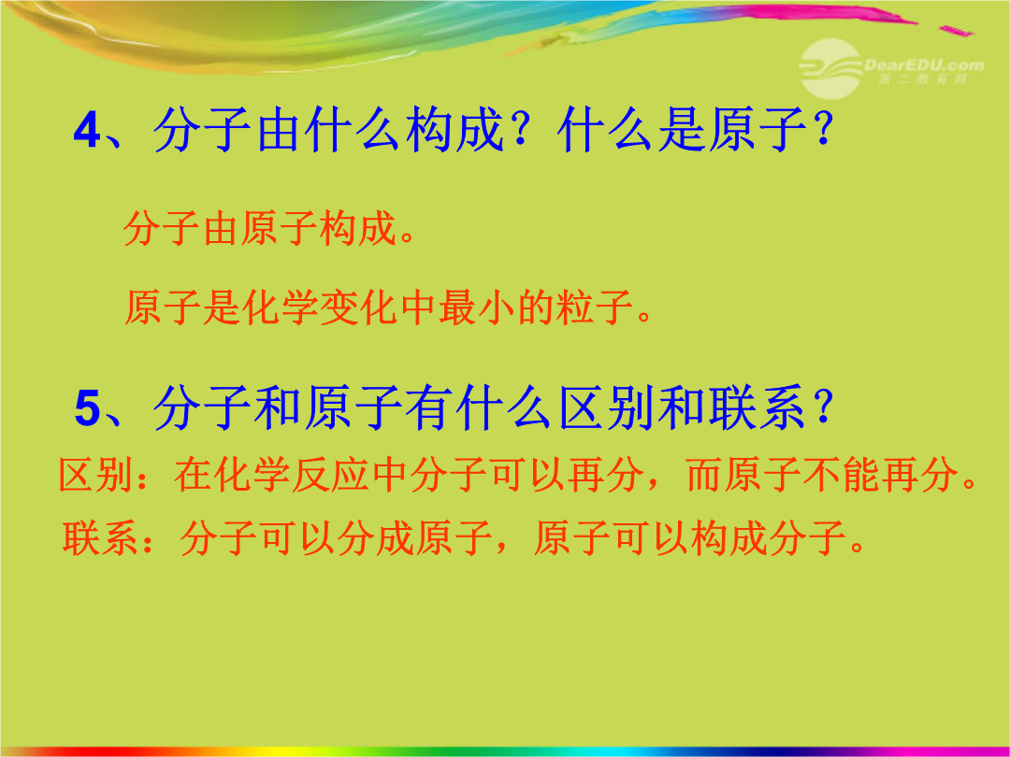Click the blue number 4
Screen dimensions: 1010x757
click(87, 131)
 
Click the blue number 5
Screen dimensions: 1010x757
click(88, 408)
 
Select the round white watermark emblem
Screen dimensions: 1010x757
click(831, 68)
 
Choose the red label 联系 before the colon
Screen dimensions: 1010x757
click(100, 538)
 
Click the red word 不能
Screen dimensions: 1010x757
click(842, 476)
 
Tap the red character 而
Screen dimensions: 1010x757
click(705, 476)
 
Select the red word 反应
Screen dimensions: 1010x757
click(330, 476)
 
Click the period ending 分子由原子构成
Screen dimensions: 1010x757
click(407, 236)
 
